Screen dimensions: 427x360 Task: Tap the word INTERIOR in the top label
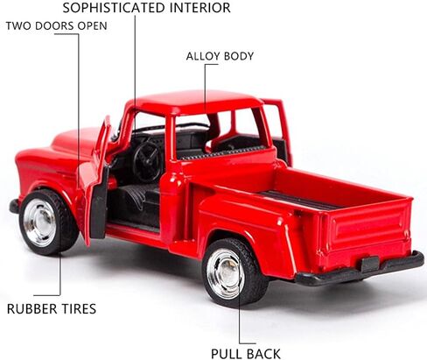[x=200, y=8]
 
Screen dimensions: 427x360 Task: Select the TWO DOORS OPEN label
[x=57, y=26]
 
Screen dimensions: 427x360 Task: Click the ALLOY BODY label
[x=220, y=56]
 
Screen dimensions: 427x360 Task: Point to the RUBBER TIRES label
[x=52, y=309]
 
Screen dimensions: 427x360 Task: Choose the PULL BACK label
[x=246, y=354]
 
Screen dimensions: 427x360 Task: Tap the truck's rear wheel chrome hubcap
[x=226, y=273]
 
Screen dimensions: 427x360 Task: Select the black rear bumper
[x=360, y=269]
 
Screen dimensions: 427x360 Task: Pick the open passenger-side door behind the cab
[x=278, y=129]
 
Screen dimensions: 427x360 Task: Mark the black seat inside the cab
[x=137, y=199]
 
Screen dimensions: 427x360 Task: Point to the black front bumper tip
[x=14, y=206]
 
